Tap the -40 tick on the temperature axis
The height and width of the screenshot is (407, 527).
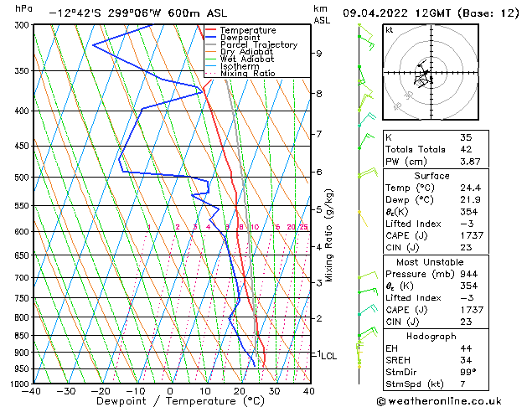tap(32, 391)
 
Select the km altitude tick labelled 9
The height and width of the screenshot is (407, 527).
tap(319, 54)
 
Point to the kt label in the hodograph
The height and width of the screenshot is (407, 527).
tap(390, 29)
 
